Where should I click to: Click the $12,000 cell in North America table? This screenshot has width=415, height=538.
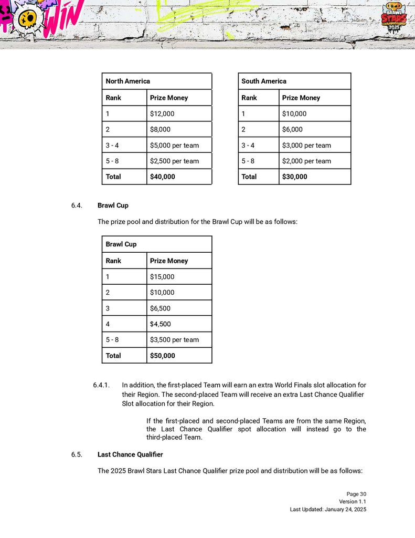(162, 113)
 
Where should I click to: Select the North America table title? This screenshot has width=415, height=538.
(128, 81)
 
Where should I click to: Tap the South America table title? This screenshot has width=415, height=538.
(264, 81)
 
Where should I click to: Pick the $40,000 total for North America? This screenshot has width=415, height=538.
(163, 177)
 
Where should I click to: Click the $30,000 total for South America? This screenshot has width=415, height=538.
(295, 177)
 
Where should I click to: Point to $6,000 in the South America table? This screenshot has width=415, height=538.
(293, 129)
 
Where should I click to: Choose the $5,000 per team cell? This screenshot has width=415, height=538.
(174, 146)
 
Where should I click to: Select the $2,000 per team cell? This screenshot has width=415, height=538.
(306, 161)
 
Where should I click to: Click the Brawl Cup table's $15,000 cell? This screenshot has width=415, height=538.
(162, 277)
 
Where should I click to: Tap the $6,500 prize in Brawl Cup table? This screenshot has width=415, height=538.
(160, 308)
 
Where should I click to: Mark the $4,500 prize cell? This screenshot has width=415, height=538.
(160, 324)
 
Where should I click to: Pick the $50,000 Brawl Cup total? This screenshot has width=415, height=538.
(163, 356)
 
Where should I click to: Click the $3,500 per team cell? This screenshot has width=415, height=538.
(174, 340)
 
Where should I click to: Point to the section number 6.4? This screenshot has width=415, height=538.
(77, 205)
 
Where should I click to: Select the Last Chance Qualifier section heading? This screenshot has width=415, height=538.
(130, 454)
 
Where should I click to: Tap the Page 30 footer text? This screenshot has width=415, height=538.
(356, 494)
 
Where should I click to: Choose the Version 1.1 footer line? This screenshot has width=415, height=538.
(353, 502)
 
